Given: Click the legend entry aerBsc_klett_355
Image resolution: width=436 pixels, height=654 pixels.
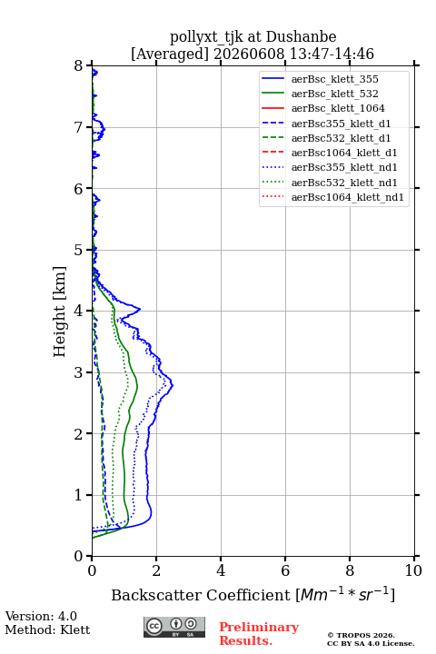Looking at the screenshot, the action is (334, 79).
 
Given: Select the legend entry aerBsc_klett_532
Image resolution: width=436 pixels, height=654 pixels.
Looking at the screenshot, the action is (334, 94).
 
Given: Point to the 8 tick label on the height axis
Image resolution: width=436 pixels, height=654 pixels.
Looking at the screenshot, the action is (78, 65).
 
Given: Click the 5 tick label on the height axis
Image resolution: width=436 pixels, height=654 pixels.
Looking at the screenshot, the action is (78, 250).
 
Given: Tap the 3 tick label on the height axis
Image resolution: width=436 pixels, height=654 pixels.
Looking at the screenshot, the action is (78, 372).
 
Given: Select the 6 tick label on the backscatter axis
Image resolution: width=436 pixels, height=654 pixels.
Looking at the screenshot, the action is (285, 570).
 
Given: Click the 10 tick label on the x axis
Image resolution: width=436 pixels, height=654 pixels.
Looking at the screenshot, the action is (413, 570).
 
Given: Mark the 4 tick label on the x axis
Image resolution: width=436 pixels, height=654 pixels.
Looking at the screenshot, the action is (221, 570).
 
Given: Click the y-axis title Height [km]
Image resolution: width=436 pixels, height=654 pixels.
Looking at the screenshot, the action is (60, 312).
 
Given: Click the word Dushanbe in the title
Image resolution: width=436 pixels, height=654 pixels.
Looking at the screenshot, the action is (301, 37).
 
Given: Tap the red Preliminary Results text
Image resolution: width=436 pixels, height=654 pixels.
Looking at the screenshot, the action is (259, 634).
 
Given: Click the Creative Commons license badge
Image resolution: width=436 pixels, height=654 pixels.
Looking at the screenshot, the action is (174, 627).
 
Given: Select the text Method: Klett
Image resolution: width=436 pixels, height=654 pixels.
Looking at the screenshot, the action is (47, 629).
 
